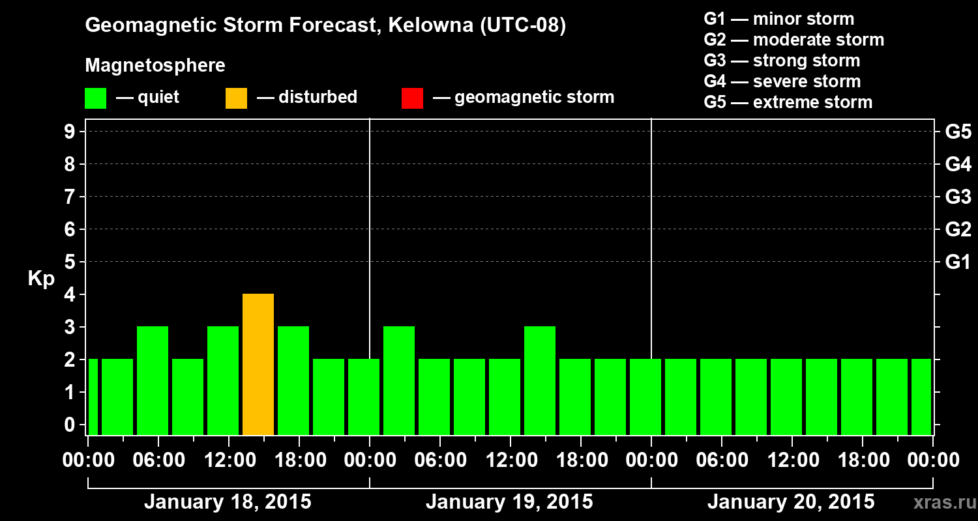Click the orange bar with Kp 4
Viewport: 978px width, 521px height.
pos(258,364)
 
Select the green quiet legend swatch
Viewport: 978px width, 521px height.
pos(95,98)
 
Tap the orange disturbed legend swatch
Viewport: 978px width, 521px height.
pos(236,98)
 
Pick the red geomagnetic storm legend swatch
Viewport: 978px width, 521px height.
pos(412,98)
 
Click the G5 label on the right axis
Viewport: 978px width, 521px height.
pos(958,132)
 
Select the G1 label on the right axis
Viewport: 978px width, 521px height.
pos(958,262)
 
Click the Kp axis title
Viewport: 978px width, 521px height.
pos(41,279)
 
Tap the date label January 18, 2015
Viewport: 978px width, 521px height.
pos(228,502)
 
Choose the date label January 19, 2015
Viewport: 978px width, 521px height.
pos(509,502)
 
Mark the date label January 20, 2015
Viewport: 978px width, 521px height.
pos(791,502)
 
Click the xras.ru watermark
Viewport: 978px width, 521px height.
pos(943,503)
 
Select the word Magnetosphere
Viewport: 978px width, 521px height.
pos(155,66)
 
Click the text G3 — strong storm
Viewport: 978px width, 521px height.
pos(782,61)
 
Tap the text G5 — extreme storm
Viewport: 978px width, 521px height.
pos(788,102)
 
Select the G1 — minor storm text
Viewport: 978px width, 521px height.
pos(778,19)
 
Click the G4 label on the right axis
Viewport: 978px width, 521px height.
pos(958,165)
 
